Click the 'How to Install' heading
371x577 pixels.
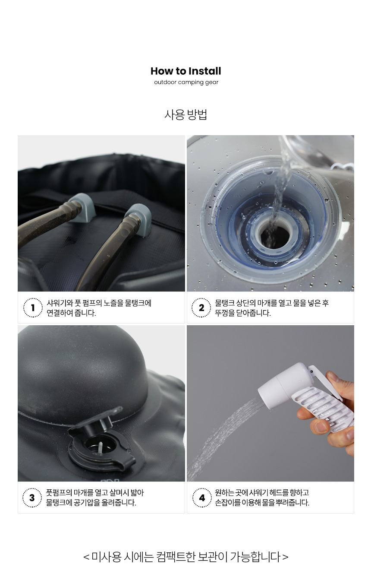click(x=185, y=71)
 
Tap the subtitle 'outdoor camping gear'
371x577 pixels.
click(x=186, y=82)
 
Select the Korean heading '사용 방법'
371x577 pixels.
click(x=185, y=114)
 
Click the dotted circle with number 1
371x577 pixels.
click(x=33, y=308)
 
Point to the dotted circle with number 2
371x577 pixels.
click(x=201, y=308)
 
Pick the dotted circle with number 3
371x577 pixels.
click(x=32, y=498)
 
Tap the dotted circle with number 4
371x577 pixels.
click(x=202, y=498)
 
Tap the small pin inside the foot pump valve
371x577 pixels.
click(x=101, y=447)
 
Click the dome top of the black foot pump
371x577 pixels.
click(x=82, y=366)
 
